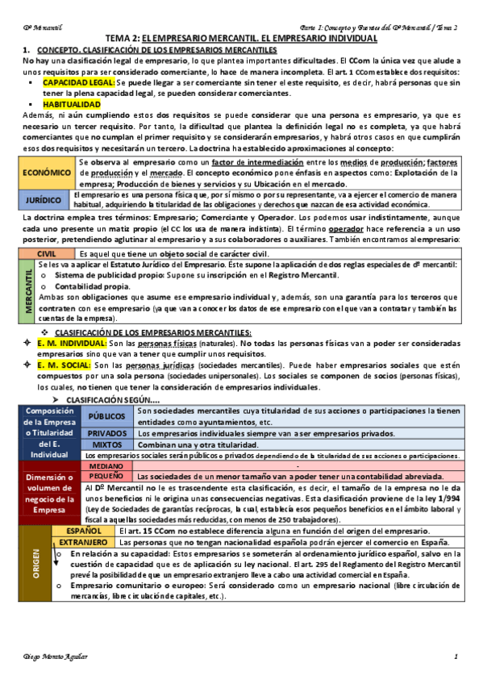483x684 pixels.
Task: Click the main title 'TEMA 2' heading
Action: [242, 39]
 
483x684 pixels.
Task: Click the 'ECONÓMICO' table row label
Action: [46, 173]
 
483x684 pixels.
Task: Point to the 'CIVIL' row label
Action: [46, 254]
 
